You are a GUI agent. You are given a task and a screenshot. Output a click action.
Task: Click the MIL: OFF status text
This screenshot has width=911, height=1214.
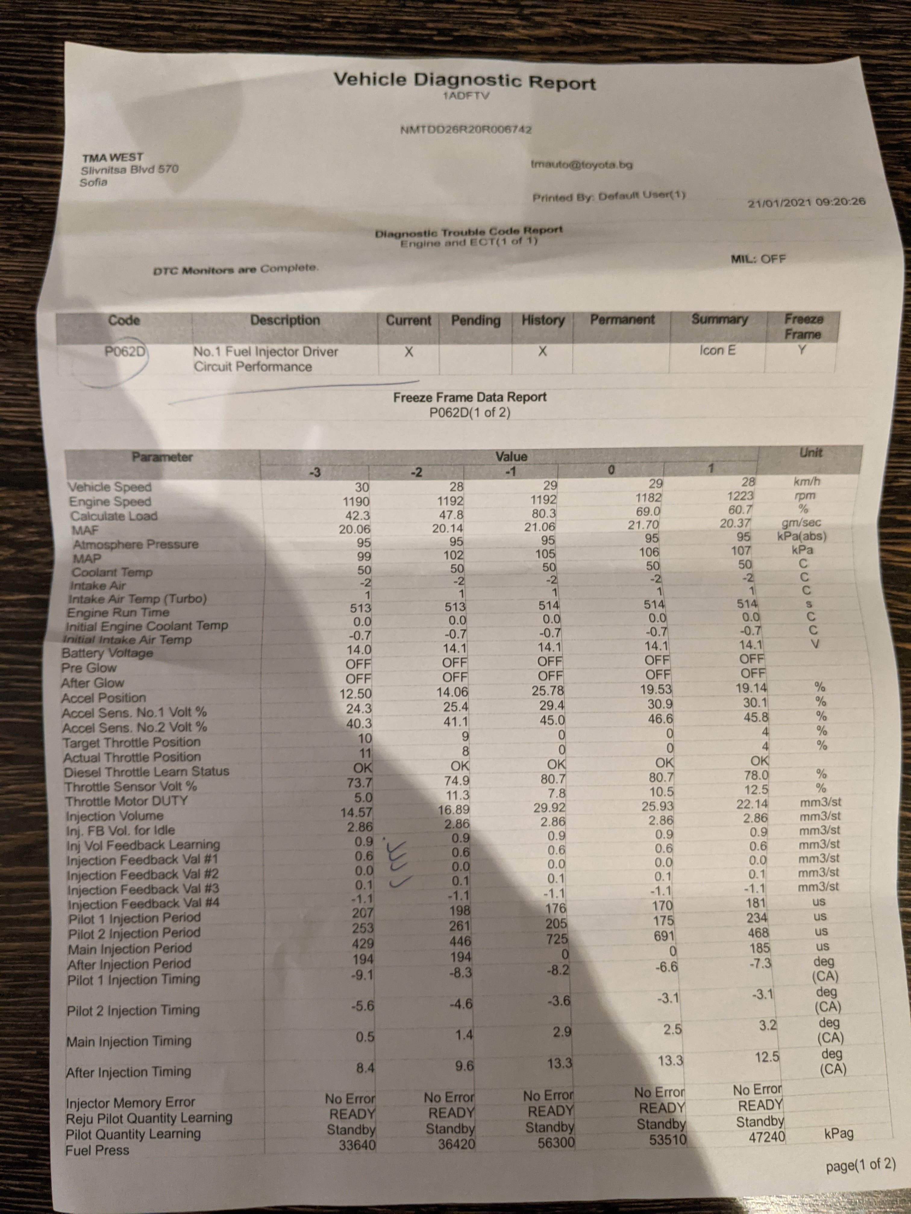(x=758, y=259)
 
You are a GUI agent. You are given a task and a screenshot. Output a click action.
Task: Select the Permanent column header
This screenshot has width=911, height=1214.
(x=622, y=319)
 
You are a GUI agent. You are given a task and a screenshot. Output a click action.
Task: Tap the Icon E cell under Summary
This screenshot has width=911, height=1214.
(x=717, y=350)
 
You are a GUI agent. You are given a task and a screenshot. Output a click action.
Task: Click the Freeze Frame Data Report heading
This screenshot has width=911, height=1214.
(x=469, y=397)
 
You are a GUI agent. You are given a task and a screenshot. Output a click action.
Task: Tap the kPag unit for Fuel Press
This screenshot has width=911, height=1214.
(x=838, y=1134)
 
